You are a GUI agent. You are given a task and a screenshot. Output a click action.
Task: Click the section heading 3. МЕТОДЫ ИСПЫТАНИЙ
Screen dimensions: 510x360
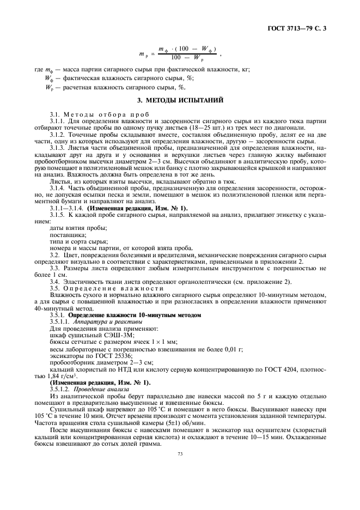(x=180, y=100)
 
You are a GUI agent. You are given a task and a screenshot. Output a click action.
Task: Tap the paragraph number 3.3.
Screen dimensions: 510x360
(x=55, y=268)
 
